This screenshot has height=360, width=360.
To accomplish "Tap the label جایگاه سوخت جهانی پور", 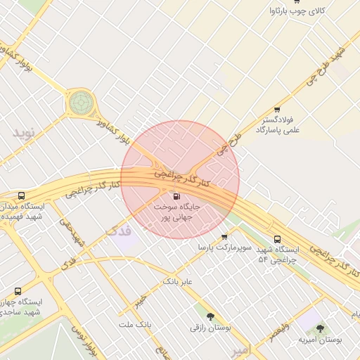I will (176, 213).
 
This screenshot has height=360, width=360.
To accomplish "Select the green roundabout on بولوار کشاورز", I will (80, 103).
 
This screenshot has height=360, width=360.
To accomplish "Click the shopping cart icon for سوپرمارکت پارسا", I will (224, 237).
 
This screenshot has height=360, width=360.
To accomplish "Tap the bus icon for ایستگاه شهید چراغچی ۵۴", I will (277, 239).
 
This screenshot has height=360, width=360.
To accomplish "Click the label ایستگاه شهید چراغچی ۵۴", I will (277, 255).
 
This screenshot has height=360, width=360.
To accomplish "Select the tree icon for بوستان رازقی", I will (211, 316).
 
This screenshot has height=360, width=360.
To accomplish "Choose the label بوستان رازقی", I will (211, 328).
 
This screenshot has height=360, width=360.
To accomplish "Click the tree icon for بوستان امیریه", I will (321, 328).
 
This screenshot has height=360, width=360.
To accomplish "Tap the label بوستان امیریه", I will (321, 340).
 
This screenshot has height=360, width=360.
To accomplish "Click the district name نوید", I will (22, 132).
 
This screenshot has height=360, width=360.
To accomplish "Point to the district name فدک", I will (117, 230).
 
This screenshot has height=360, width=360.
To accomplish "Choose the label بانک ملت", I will (135, 324).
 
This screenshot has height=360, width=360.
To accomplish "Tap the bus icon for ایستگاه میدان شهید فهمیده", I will (21, 196).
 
